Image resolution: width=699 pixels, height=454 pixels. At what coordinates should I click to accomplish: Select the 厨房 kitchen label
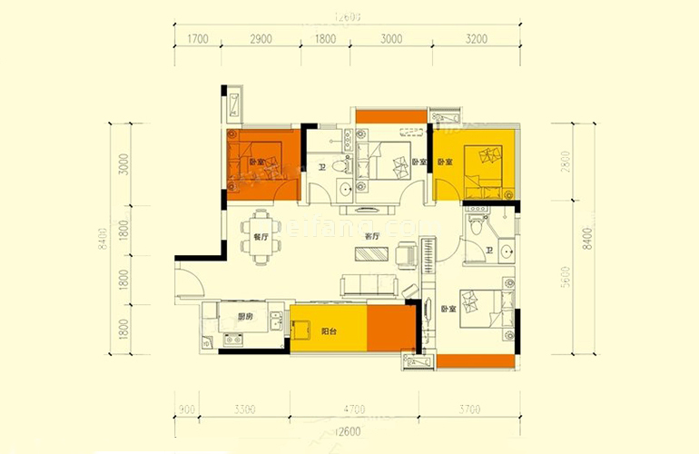tap(244, 317)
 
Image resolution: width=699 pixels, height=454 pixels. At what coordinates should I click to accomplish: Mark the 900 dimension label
tap(187, 410)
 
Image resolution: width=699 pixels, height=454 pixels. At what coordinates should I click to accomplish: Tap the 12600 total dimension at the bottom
tap(348, 430)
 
